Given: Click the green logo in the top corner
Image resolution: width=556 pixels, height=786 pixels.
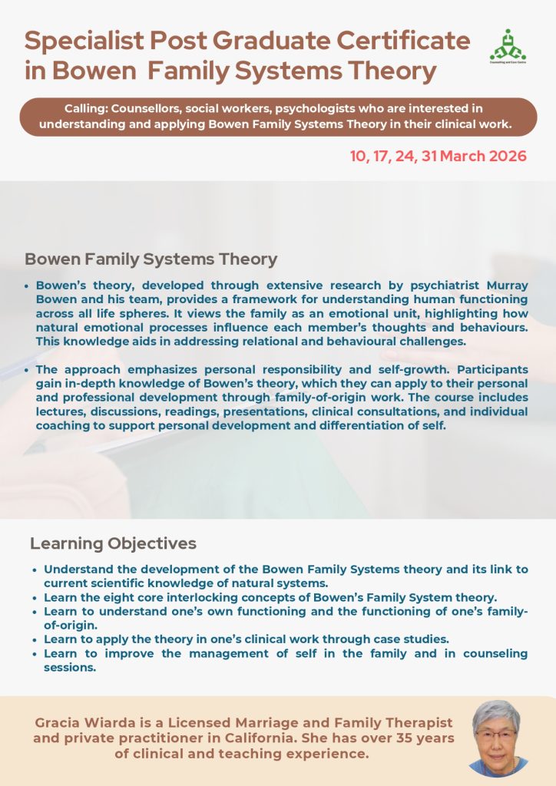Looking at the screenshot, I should [506, 47].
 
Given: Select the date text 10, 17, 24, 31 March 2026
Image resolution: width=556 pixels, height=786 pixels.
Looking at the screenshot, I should [439, 156].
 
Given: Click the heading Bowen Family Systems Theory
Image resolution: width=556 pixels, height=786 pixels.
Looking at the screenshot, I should [151, 259].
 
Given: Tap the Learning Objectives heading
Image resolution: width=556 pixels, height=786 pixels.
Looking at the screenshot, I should [113, 543].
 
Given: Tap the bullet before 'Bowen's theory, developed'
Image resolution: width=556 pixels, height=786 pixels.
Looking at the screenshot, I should [28, 286].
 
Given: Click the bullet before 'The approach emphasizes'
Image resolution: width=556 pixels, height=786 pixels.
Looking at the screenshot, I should [28, 370].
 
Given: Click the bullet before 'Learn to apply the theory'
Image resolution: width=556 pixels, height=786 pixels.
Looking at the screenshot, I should [35, 639].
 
